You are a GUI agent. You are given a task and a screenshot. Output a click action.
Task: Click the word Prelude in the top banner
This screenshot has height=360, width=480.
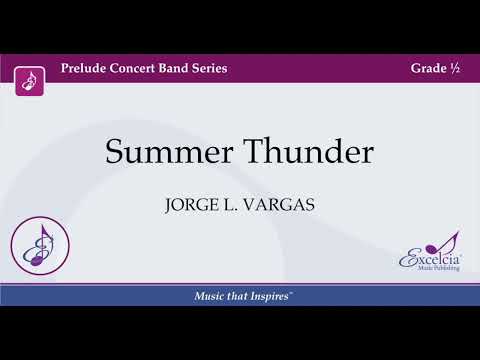point(84,68)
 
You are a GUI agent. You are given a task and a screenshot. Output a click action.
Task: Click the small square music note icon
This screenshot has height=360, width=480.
point(30,79)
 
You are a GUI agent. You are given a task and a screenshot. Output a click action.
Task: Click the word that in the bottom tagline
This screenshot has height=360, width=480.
point(236,297)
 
